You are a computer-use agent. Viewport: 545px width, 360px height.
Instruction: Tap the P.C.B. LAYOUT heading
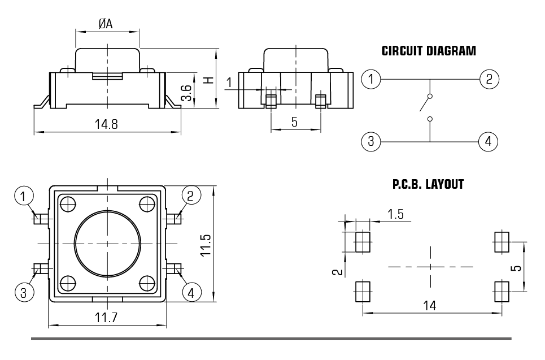tap(428, 185)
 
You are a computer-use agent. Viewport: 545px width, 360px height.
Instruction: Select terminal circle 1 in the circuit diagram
tap(370, 79)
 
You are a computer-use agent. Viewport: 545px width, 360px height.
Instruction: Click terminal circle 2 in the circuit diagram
tap(489, 79)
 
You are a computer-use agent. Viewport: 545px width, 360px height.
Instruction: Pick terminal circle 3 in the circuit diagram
tap(370, 141)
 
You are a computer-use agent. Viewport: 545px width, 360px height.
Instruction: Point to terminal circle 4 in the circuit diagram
tap(488, 141)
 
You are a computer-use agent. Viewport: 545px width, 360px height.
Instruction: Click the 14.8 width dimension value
tap(106, 124)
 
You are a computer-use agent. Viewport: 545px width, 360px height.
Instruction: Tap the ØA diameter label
tap(106, 24)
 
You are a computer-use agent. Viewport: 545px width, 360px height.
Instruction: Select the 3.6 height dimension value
tap(186, 92)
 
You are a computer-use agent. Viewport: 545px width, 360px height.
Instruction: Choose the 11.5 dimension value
tap(206, 244)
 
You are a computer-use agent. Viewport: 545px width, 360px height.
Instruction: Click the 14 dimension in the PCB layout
tap(430, 306)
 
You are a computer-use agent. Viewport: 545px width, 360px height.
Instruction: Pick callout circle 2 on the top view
tap(190, 196)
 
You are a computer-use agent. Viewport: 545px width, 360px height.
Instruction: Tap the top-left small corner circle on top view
tap(68, 203)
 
